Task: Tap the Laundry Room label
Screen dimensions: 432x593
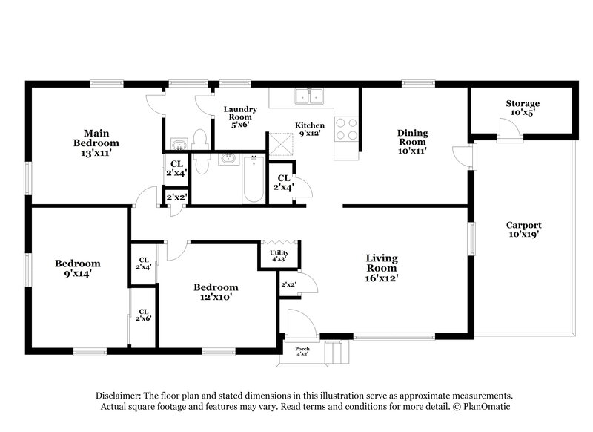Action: [240, 117]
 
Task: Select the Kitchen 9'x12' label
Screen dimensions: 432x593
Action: [309, 130]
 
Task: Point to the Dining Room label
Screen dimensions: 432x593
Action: [413, 141]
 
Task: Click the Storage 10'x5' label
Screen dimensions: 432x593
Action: [523, 108]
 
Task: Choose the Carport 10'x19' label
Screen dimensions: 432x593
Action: [523, 229]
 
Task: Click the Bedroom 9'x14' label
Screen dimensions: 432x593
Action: [78, 268]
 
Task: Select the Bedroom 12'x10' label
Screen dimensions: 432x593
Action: [216, 292]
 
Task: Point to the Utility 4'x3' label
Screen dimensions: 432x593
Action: [279, 256]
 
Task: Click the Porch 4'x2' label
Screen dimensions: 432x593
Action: [302, 351]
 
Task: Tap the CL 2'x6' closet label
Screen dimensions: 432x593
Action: [144, 315]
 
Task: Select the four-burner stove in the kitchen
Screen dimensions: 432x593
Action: [346, 129]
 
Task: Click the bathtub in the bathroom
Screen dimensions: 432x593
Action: [254, 179]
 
